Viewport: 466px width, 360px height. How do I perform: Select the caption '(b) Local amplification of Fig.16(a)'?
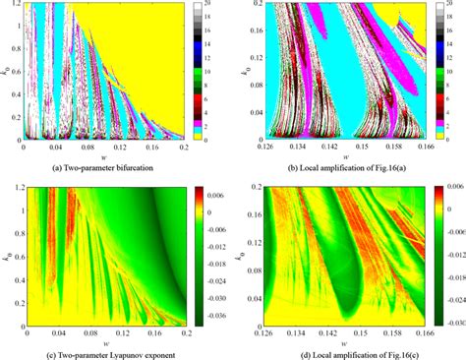335,168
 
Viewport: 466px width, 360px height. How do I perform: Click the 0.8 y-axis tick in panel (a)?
13,47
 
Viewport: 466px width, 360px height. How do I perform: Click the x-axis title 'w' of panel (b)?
335,157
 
